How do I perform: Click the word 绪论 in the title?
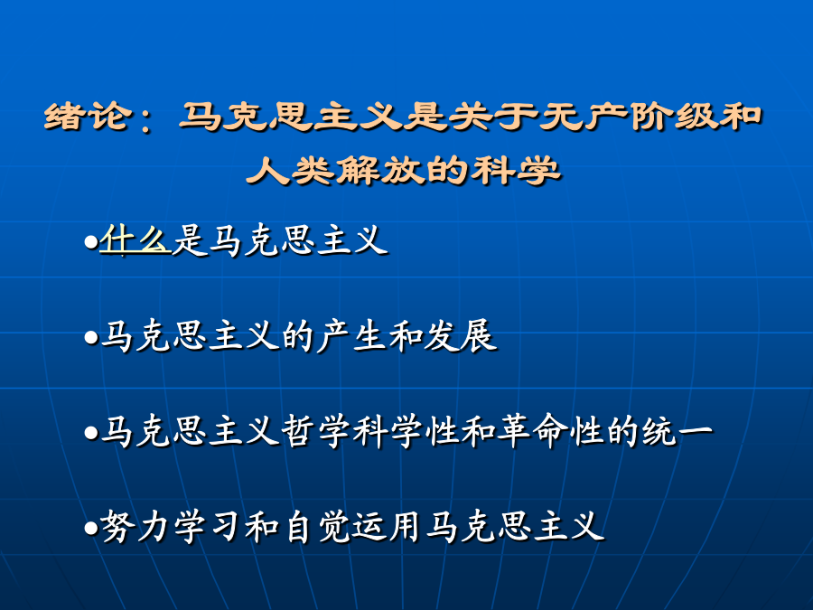tap(86, 116)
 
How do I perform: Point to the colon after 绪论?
tap(145, 118)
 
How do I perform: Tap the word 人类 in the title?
tap(290, 170)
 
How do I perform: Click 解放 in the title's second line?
tap(380, 170)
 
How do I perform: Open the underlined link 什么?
tap(135, 240)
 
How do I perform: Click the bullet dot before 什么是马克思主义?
tap(91, 242)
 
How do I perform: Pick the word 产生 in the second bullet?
tap(352, 337)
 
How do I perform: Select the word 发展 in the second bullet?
tap(461, 337)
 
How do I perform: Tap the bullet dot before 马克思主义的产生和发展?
tap(91, 338)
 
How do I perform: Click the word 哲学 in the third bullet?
tap(317, 431)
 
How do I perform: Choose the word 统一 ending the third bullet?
tap(677, 431)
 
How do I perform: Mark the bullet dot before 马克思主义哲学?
tap(91, 433)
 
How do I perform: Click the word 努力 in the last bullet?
tap(135, 527)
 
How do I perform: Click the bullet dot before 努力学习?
tap(91, 528)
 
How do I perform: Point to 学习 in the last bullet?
tap(209, 527)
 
